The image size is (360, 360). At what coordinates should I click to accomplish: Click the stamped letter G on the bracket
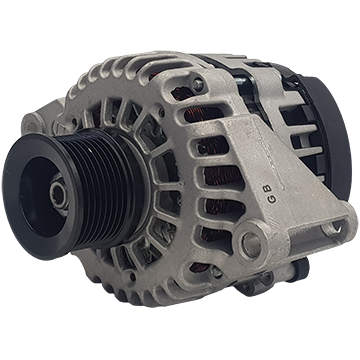[272, 199]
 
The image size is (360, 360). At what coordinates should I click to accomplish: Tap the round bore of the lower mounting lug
[252, 243]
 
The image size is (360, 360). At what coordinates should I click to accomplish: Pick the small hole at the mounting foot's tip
[337, 227]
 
